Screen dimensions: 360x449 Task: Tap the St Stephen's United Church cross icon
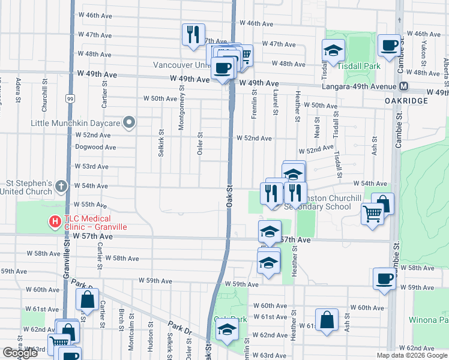pos(61,187)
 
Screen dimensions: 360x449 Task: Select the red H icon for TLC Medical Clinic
pos(55,222)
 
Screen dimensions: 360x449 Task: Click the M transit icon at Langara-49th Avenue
pos(405,86)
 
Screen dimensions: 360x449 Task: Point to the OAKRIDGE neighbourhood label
pos(406,101)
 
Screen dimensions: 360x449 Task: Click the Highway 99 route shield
pos(71,98)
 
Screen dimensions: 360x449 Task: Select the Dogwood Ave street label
pos(95,146)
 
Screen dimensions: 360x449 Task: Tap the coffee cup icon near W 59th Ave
pos(384,278)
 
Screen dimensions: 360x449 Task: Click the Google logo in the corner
pos(19,353)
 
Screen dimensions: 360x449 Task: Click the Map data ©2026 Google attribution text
pos(412,355)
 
